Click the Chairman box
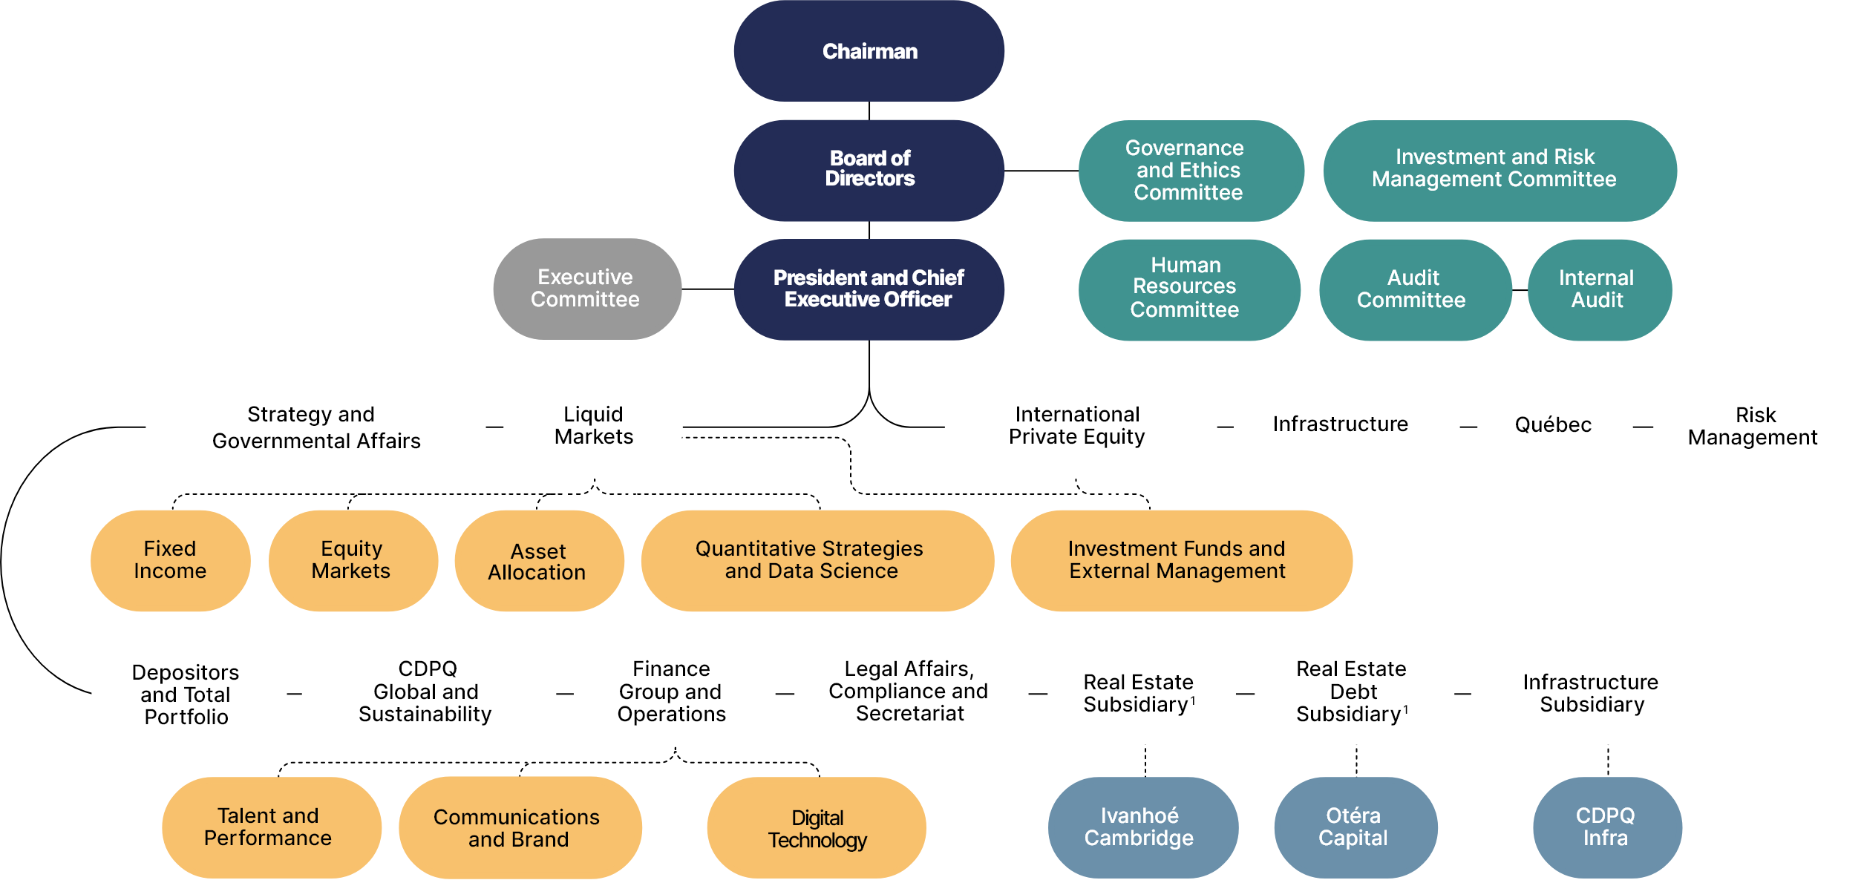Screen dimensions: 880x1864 click(x=869, y=51)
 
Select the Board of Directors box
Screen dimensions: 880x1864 click(x=869, y=170)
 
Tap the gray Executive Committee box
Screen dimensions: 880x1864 click(x=586, y=289)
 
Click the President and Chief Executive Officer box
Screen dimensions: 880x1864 click(x=869, y=289)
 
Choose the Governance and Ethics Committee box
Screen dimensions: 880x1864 click(x=1190, y=171)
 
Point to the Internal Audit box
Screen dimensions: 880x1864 click(x=1598, y=289)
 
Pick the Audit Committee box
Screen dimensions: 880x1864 click(x=1413, y=289)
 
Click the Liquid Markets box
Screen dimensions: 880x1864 click(x=593, y=426)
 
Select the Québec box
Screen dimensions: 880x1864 click(x=1554, y=426)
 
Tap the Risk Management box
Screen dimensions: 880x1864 click(x=1755, y=427)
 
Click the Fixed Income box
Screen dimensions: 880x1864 click(x=170, y=560)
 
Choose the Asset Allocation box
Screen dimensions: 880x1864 click(x=538, y=562)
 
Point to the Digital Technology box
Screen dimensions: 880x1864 click(x=817, y=829)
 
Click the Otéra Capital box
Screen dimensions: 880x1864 click(x=1354, y=827)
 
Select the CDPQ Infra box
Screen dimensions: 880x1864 click(x=1606, y=827)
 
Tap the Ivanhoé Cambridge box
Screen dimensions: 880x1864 click(x=1140, y=827)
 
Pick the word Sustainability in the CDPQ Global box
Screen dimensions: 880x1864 click(x=425, y=715)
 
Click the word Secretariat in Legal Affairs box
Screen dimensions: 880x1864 click(x=910, y=714)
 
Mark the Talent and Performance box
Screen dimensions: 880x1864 click(x=269, y=827)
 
